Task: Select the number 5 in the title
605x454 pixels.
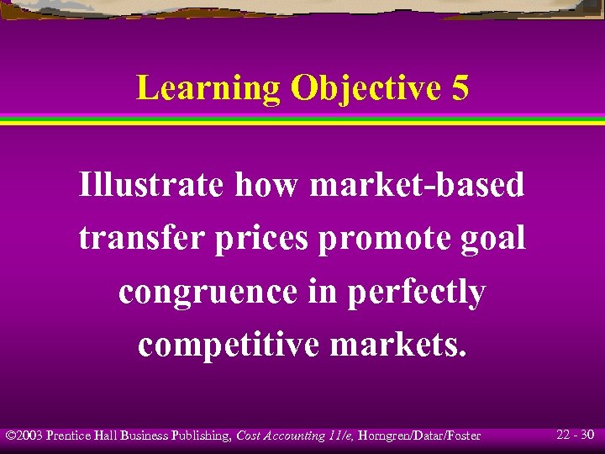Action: click(x=460, y=88)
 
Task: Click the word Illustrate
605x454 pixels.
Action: click(x=151, y=184)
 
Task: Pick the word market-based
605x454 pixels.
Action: click(x=417, y=184)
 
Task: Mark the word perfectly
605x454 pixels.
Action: click(x=411, y=292)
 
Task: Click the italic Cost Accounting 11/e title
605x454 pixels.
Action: click(x=287, y=436)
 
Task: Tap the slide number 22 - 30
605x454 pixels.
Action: click(x=576, y=435)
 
